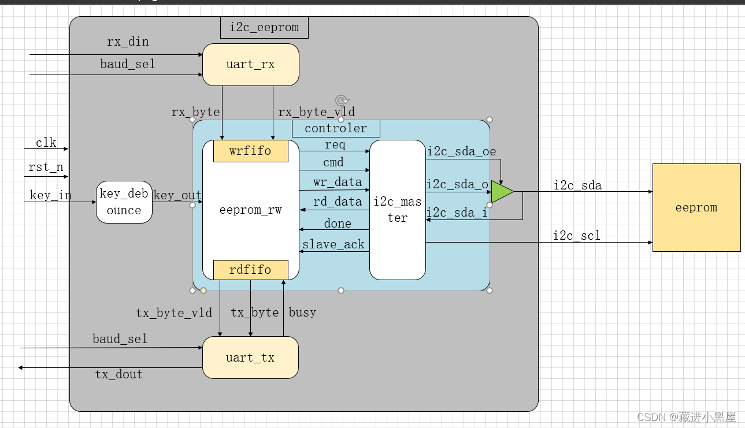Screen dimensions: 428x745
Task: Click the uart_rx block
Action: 250,64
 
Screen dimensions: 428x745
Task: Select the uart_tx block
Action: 250,358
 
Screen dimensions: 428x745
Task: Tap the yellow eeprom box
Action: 696,207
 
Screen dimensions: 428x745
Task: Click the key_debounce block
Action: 124,202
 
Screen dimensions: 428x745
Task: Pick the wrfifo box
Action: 250,151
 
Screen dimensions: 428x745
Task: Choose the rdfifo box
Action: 250,270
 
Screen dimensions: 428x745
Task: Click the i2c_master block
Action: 397,210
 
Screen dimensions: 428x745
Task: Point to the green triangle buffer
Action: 501,192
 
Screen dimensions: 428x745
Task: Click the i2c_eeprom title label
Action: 264,27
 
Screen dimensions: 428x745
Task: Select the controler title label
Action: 336,128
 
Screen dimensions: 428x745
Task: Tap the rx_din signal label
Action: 128,42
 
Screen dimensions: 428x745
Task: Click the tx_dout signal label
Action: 118,374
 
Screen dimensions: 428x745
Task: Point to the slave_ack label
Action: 333,244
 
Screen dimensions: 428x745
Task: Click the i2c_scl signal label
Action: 577,235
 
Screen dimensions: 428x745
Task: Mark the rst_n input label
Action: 46,168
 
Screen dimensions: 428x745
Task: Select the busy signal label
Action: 302,312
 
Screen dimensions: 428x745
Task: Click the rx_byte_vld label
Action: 316,112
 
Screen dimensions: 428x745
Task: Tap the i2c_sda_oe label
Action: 461,151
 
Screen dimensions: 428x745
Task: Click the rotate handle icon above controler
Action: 341,100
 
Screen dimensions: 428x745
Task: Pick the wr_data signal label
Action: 337,182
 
